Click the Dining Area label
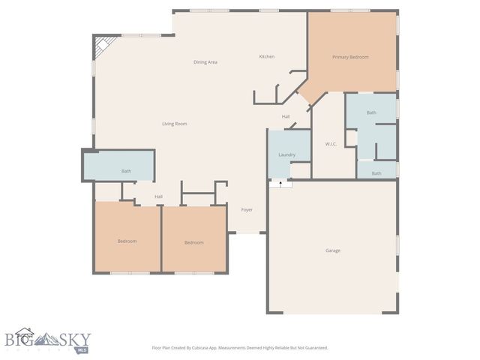coord(205,62)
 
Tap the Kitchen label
coord(267,57)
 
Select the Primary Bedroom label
coord(350,57)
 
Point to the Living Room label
coord(175,124)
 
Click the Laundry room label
coord(286,154)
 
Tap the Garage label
coord(332,250)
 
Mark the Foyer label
coord(246,210)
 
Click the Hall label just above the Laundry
coord(286,117)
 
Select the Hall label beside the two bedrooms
coord(158,196)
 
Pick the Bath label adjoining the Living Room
coord(126,172)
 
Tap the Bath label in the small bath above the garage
coord(376,173)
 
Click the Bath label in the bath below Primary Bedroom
coord(371,112)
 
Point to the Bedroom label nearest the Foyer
coord(194,242)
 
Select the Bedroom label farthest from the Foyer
coord(127,241)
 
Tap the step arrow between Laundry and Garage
coord(280,183)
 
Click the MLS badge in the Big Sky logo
coord(82,349)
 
